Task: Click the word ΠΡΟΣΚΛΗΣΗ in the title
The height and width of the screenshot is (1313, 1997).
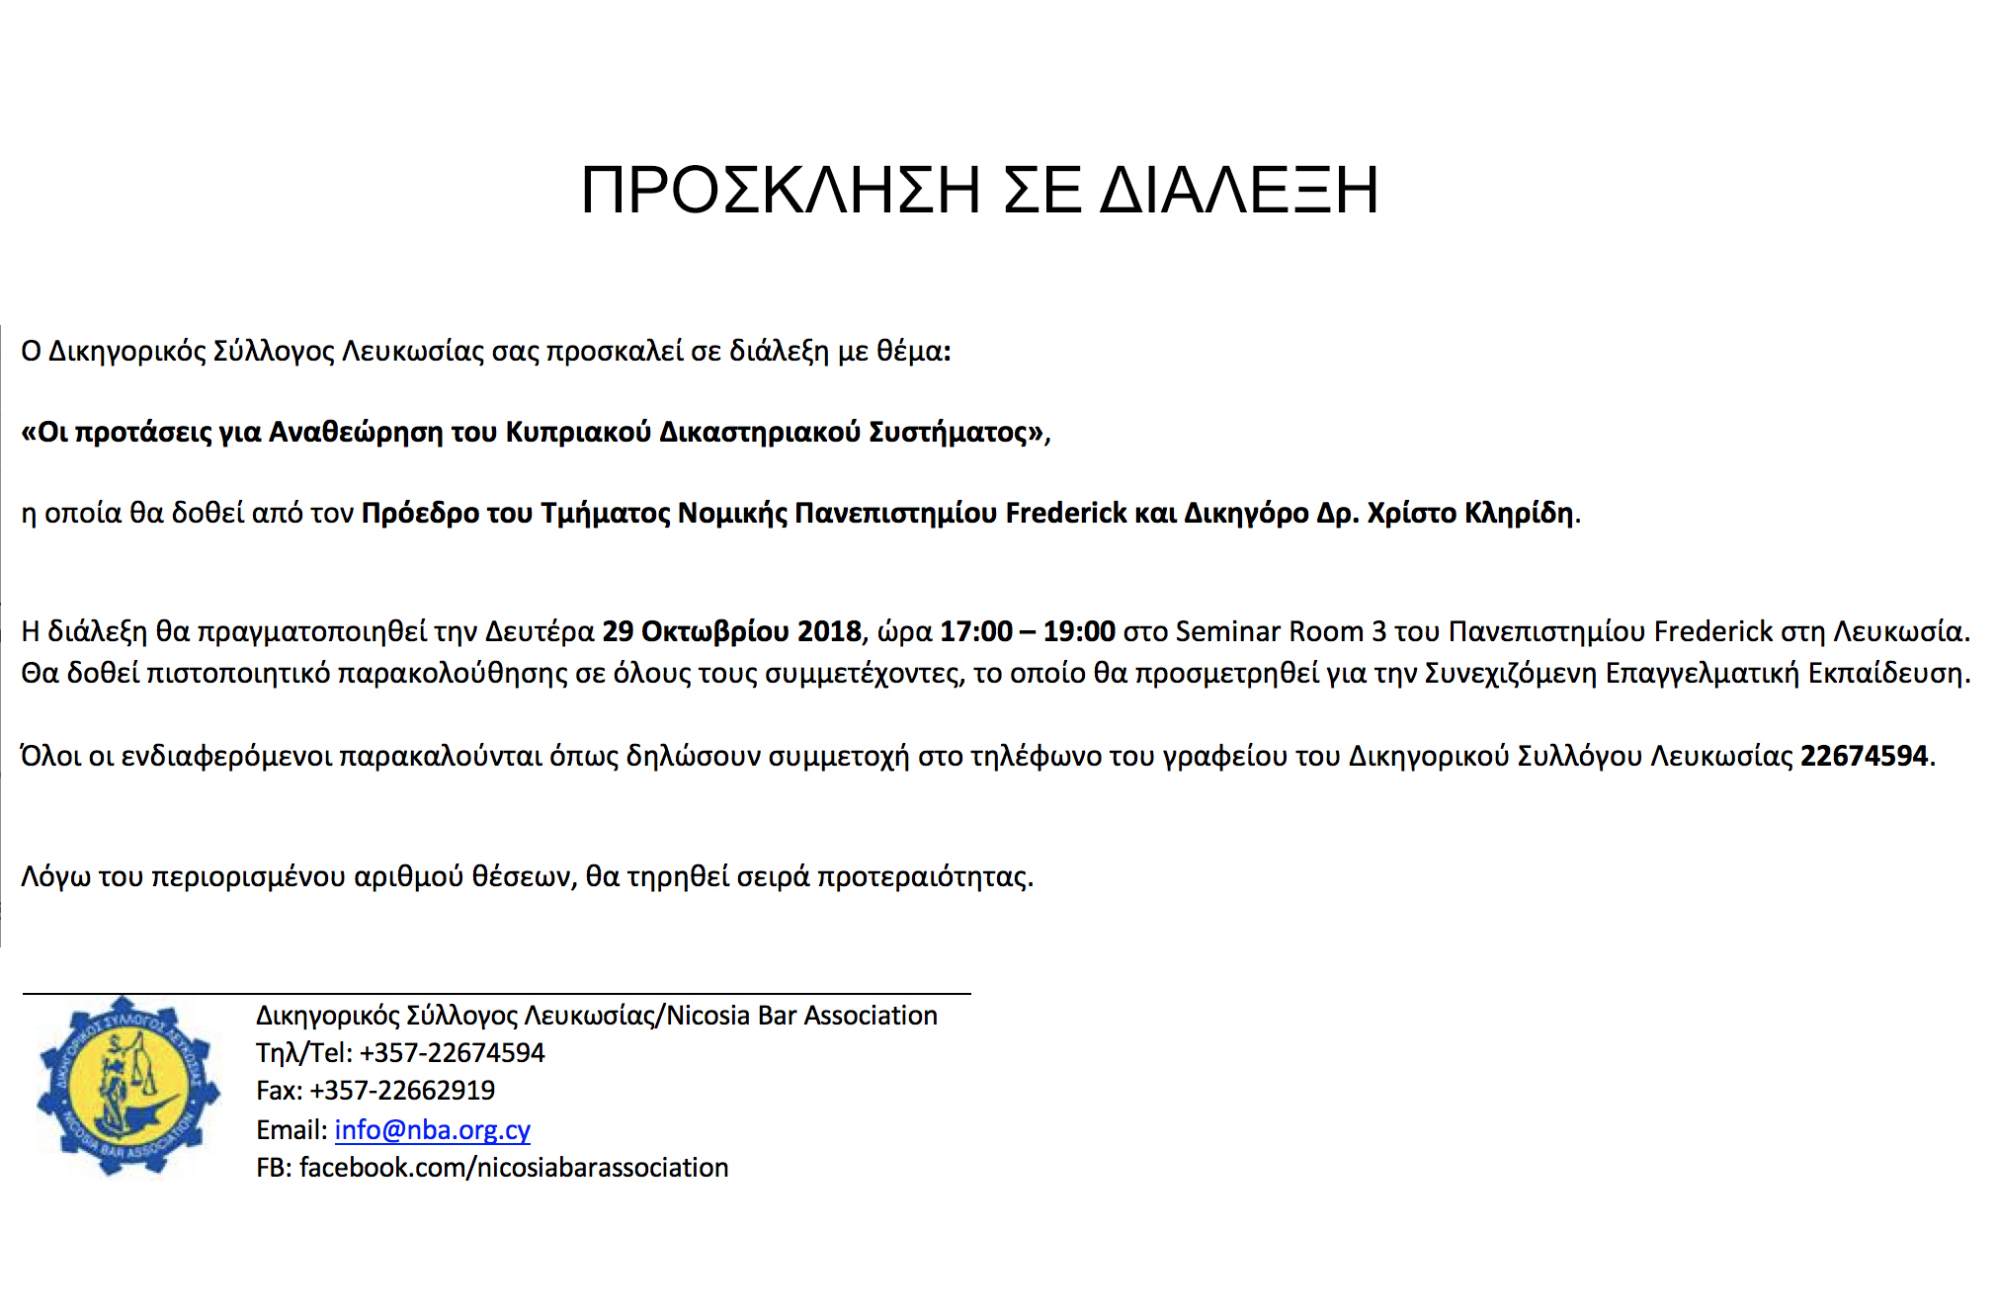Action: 781,190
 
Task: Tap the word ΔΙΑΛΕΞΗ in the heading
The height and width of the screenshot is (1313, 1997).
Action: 1239,190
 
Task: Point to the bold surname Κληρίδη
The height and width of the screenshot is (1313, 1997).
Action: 1519,514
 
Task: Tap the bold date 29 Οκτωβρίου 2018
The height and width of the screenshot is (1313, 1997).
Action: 732,631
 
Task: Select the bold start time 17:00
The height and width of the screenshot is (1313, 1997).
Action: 975,631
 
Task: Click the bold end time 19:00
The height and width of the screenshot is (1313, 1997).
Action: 1079,631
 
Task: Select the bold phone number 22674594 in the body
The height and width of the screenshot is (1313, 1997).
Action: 1864,757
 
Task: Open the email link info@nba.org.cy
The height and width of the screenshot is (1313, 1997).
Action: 432,1130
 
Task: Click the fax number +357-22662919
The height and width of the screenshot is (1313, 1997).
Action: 402,1091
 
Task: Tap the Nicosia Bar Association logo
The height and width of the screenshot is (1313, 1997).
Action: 127,1086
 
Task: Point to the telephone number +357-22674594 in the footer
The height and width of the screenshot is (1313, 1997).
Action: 452,1053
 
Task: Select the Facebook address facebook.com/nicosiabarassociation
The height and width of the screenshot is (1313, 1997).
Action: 514,1168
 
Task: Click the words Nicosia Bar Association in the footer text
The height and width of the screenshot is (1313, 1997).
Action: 802,1016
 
